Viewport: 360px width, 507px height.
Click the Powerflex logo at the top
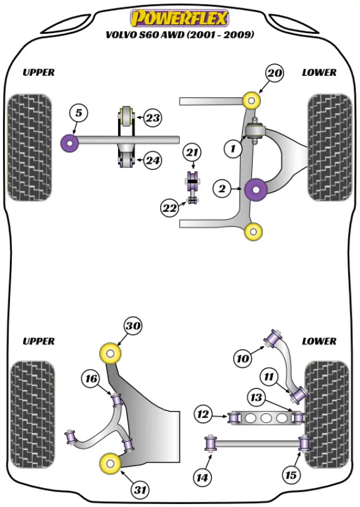coord(180,18)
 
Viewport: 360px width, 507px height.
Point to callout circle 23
coord(152,118)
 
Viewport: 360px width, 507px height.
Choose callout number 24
coord(152,160)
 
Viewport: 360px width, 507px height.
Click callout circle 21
coord(191,153)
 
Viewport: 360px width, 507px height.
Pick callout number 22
coord(169,208)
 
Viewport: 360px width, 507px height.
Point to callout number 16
coord(91,379)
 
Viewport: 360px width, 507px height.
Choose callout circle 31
coord(141,490)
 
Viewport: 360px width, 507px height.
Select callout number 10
coord(243,358)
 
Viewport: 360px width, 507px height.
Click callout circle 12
coord(203,414)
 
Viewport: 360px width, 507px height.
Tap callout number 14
coord(203,476)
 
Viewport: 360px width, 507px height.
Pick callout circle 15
coord(291,475)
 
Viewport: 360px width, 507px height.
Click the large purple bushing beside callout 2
coord(257,189)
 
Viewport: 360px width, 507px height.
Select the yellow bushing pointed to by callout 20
coord(253,98)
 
